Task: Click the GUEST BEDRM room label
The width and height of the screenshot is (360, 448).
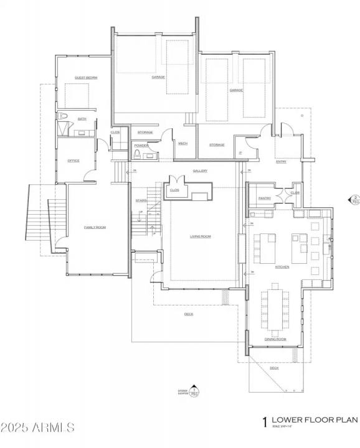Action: point(86,78)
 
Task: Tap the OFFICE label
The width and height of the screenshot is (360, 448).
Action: point(73,161)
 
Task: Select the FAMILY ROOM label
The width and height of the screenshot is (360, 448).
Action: point(95,228)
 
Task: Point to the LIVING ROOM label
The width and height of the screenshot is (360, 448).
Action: point(201,236)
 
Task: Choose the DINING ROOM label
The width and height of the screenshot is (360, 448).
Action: point(275,338)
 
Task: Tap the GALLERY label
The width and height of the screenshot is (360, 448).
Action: point(200,171)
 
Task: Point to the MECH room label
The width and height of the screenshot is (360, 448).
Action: point(182,144)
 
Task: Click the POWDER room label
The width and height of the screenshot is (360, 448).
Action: point(141,145)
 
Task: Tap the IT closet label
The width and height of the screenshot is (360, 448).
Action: point(240,152)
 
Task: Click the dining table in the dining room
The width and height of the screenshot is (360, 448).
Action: point(275,308)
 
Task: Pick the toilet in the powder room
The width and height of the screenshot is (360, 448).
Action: point(137,154)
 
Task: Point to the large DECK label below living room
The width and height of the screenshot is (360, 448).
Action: point(189,314)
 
